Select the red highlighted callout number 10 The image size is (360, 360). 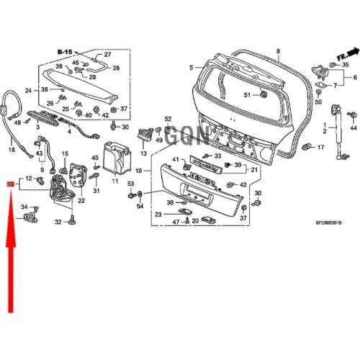coord(10,185)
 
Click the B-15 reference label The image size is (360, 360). coord(66,53)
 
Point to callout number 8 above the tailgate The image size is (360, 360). coord(279,52)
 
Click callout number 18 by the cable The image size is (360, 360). coord(12,150)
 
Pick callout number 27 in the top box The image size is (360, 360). coord(108,55)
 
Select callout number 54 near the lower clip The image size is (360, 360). coord(140,207)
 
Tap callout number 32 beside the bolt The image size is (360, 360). coord(59,223)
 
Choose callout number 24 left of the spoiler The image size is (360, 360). coord(29,91)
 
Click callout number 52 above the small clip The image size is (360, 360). coord(168,119)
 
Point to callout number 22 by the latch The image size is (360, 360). coord(81,201)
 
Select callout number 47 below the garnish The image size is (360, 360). coord(175,222)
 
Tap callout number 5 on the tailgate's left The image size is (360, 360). coord(192,67)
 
